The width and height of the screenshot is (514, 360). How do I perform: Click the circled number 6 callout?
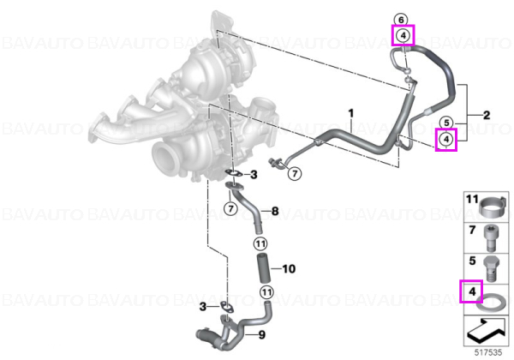pos(401,20)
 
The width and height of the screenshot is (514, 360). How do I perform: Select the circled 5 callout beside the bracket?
pos(446,123)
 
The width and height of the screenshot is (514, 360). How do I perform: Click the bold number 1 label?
pos(351,113)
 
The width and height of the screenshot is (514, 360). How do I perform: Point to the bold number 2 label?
pos(487,115)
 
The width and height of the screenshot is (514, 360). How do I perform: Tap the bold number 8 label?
pos(275,211)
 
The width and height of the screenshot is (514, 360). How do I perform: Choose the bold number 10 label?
pos(289,269)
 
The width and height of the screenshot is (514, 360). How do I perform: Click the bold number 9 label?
pos(261,335)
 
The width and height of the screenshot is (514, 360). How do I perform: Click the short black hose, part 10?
pos(263,269)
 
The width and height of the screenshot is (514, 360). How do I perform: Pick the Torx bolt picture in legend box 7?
pos(490,237)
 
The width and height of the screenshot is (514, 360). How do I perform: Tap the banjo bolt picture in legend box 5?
pos(491,269)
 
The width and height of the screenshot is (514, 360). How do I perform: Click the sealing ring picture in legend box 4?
pos(490,302)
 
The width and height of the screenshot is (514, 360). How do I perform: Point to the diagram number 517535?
pos(488,352)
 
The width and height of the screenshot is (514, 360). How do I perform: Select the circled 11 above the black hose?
pos(260,243)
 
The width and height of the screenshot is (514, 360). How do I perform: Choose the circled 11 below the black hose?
pos(266,291)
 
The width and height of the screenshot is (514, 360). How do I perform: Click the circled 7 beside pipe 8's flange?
pos(230,208)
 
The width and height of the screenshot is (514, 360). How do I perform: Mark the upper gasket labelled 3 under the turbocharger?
pos(233,173)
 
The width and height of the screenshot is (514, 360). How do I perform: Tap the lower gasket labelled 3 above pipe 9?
pos(225,307)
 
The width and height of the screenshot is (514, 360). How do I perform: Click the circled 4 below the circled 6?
pos(403,35)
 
